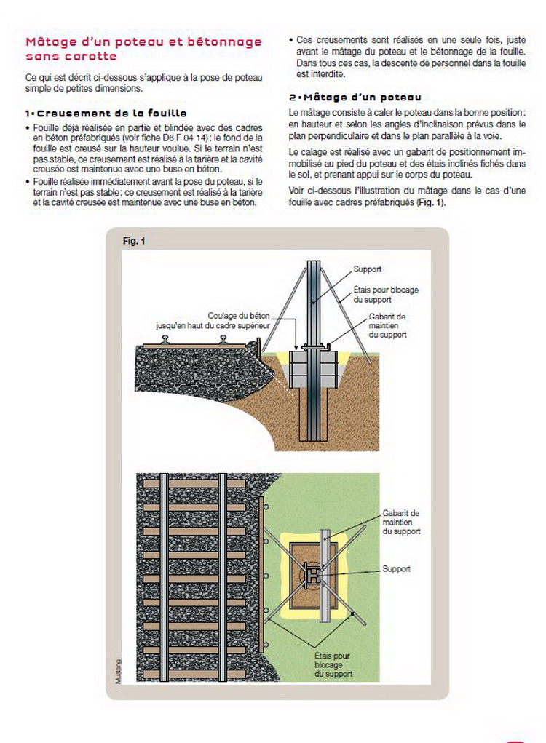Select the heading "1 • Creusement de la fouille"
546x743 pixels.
point(106,114)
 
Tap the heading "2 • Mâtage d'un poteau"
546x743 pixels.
point(355,98)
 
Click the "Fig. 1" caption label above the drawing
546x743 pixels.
point(135,240)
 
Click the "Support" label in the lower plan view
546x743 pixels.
point(397,569)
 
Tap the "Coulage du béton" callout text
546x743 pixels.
point(239,315)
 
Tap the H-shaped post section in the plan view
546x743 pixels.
point(311,575)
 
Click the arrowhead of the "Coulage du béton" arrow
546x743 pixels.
point(294,346)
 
